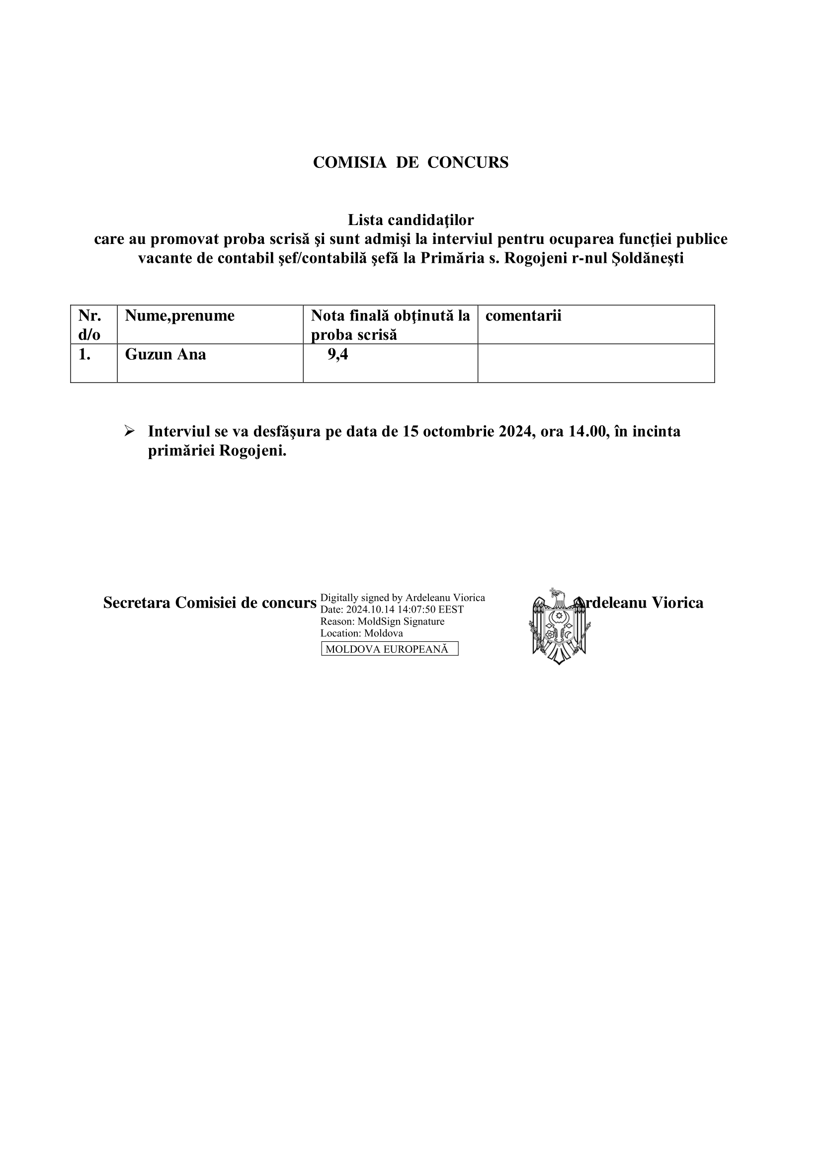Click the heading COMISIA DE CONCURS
tap(411, 162)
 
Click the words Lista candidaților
tap(411, 220)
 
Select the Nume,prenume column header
tap(180, 316)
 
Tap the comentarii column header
tap(523, 316)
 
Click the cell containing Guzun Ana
tap(165, 354)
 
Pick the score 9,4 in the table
tap(337, 354)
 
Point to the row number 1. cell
tap(84, 354)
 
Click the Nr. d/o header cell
tap(89, 325)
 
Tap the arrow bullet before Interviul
tap(129, 431)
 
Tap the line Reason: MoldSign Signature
tap(382, 621)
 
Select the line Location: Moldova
tap(361, 633)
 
